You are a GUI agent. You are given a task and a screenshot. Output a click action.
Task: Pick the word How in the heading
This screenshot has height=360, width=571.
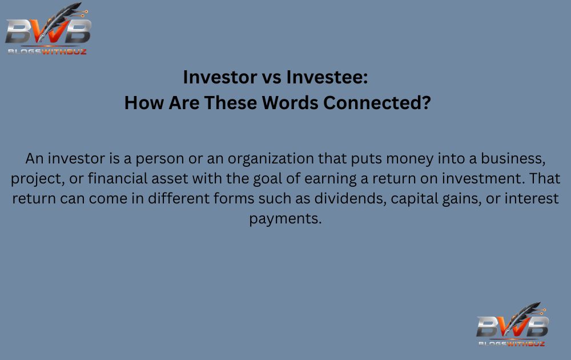coord(139,103)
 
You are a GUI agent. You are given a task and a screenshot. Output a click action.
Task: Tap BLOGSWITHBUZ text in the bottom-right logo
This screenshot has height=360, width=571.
coord(511,343)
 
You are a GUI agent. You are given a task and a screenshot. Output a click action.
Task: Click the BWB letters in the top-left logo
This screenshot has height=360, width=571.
coord(47,33)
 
